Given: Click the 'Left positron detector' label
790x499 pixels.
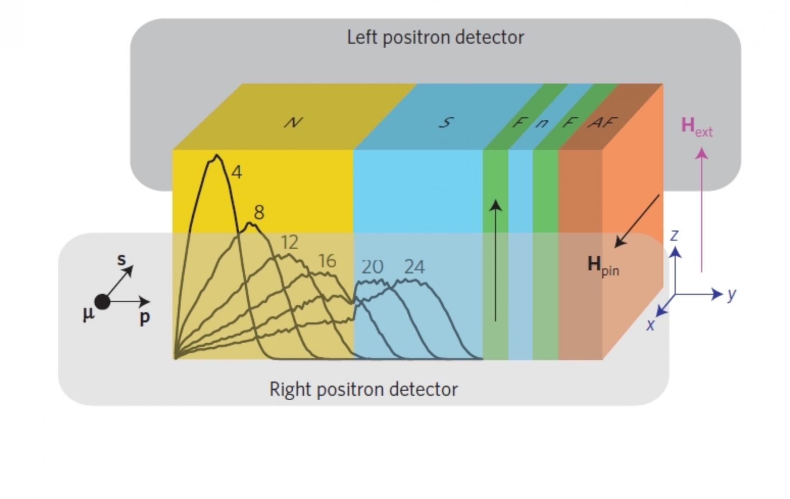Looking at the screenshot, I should pyautogui.click(x=435, y=37).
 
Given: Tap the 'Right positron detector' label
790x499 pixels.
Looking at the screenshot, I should pyautogui.click(x=363, y=389).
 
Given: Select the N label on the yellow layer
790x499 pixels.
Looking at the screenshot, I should pyautogui.click(x=293, y=122).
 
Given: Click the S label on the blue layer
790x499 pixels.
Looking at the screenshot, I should pyautogui.click(x=446, y=122).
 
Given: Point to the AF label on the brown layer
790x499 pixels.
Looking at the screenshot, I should pyautogui.click(x=603, y=122).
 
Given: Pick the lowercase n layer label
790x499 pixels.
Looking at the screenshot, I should pyautogui.click(x=542, y=123).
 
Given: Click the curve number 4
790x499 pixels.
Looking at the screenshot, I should pyautogui.click(x=237, y=172).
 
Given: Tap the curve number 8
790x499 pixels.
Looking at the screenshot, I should pyautogui.click(x=259, y=213).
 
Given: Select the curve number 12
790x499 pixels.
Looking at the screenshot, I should pyautogui.click(x=289, y=242).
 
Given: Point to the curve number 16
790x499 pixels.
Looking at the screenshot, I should pyautogui.click(x=327, y=261).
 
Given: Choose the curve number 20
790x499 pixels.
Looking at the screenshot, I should pyautogui.click(x=372, y=267).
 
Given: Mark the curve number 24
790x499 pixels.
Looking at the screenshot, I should pyautogui.click(x=414, y=267).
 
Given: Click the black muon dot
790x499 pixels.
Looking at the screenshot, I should pyautogui.click(x=102, y=302).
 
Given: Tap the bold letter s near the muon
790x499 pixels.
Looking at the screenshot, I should pyautogui.click(x=122, y=259).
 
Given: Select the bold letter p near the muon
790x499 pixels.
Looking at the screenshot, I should pyautogui.click(x=144, y=317).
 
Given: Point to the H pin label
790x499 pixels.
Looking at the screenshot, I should pyautogui.click(x=603, y=266).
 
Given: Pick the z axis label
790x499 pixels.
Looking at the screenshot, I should pyautogui.click(x=675, y=235).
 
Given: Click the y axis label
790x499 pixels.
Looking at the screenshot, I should pyautogui.click(x=731, y=294).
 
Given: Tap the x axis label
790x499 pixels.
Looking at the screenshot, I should pyautogui.click(x=650, y=325).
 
